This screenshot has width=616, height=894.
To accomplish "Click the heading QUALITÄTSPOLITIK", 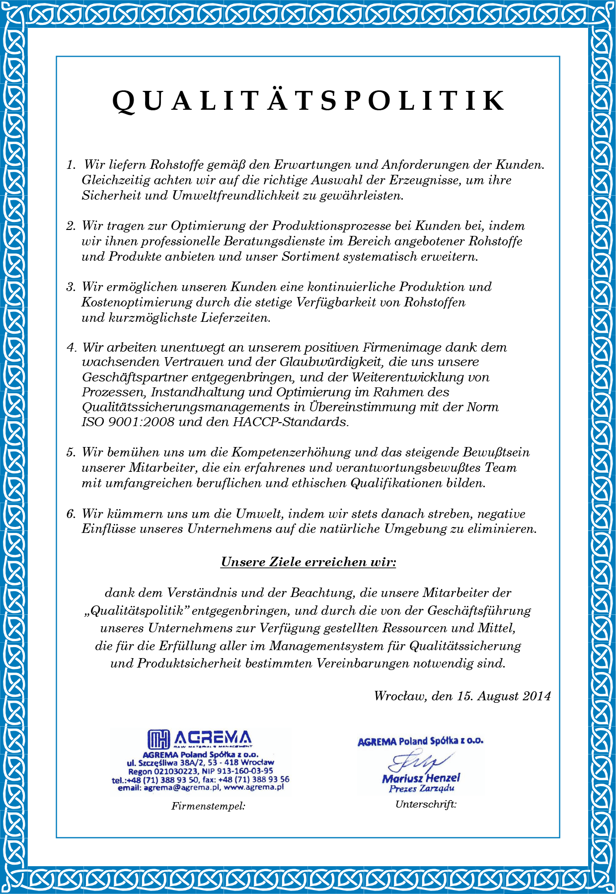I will click(x=308, y=101).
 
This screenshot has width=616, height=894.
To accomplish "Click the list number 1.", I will click(x=71, y=165).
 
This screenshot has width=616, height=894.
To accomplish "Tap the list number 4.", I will click(x=71, y=348).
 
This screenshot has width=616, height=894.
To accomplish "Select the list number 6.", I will click(x=71, y=514).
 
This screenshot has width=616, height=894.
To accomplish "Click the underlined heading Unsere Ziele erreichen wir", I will click(x=308, y=562).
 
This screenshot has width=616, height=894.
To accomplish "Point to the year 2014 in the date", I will click(x=537, y=696).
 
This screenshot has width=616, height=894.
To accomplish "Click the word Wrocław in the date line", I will click(x=400, y=696).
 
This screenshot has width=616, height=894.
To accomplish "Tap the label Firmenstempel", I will click(x=208, y=806).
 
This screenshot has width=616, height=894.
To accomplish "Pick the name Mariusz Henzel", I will click(x=421, y=778).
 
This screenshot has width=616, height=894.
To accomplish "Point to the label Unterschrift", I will click(x=426, y=805).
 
